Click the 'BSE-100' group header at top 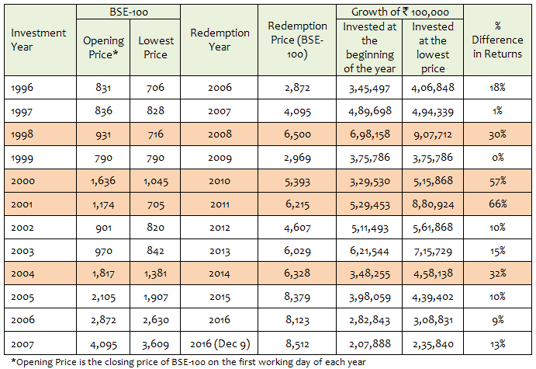(x=129, y=12)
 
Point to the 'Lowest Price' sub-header (x=155, y=47)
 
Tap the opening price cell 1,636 (x=102, y=181)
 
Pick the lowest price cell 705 (x=155, y=204)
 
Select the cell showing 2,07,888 (x=369, y=343)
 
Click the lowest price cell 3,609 (x=155, y=343)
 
